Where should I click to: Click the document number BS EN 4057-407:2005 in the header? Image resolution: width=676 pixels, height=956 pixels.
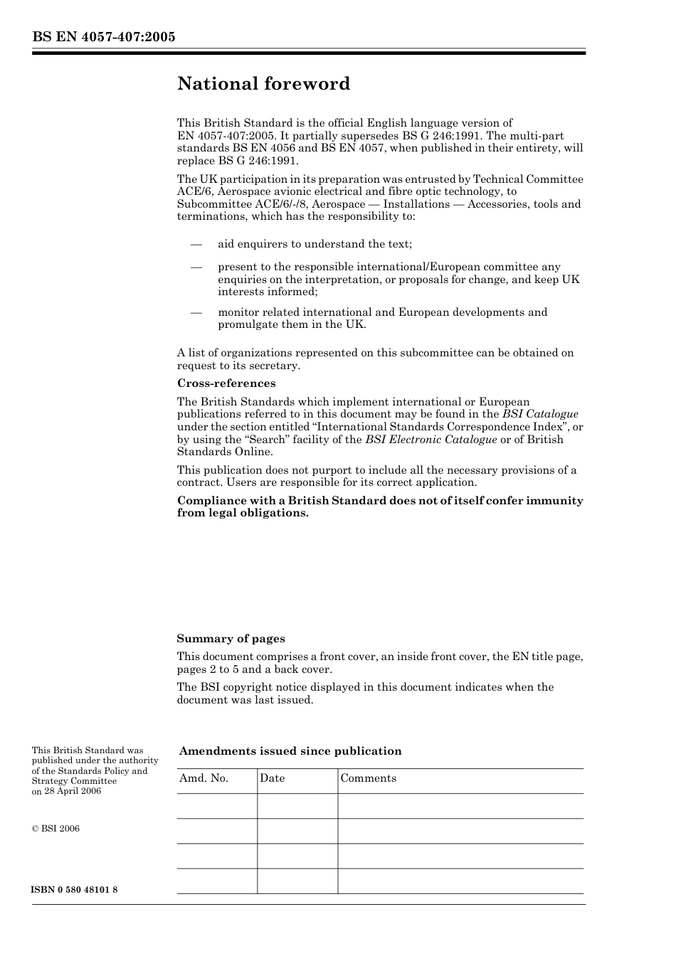(104, 37)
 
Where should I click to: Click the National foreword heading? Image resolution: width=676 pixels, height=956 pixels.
(263, 84)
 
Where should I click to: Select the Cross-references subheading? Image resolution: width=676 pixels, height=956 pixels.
(226, 383)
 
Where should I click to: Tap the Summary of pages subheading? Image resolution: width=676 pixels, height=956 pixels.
(231, 639)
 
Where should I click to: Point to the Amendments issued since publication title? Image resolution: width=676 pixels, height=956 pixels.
(290, 751)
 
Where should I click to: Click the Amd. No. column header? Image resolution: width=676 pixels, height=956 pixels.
(204, 778)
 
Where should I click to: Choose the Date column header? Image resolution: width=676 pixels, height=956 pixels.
(272, 778)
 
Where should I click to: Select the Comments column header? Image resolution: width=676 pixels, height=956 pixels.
(368, 778)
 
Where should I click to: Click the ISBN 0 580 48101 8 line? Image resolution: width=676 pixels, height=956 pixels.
(75, 890)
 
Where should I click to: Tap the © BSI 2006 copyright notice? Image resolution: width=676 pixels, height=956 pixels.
(56, 829)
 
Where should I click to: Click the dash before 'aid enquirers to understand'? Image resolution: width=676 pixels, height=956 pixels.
(196, 244)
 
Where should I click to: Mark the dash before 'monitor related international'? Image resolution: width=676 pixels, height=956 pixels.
(196, 312)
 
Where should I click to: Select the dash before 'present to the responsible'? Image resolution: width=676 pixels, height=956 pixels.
(196, 267)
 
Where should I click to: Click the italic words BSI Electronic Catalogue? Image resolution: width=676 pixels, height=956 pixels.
(431, 440)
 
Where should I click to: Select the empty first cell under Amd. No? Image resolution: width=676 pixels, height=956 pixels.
(216, 806)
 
